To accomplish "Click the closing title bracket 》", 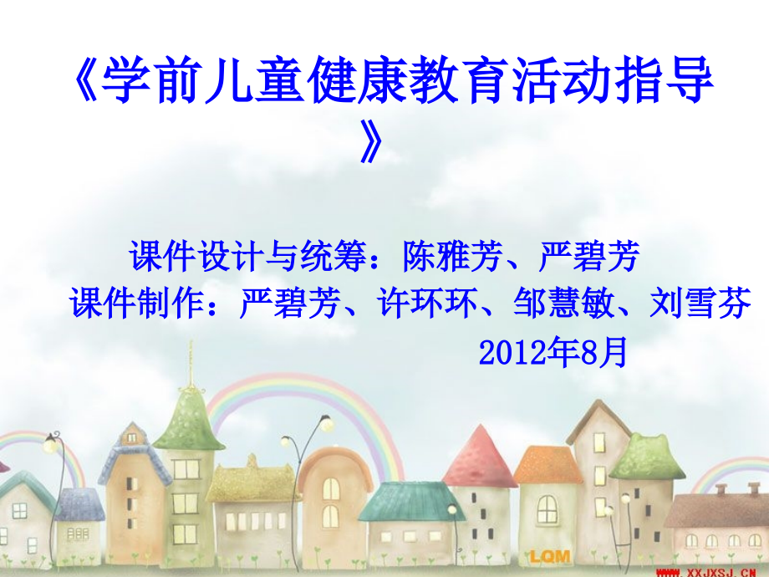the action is coord(371,140).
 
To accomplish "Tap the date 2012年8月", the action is coord(553,352).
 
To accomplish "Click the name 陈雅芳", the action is coord(453,256).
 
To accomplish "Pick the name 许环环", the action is coord(427,303).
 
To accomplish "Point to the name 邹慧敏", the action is coord(564,303).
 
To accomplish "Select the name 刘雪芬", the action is coord(700,303).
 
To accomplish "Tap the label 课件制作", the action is coord(137,303).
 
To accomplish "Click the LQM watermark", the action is coord(550,556).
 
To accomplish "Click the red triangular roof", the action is coord(480,456).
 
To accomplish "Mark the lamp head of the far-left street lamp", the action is coord(49,445).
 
